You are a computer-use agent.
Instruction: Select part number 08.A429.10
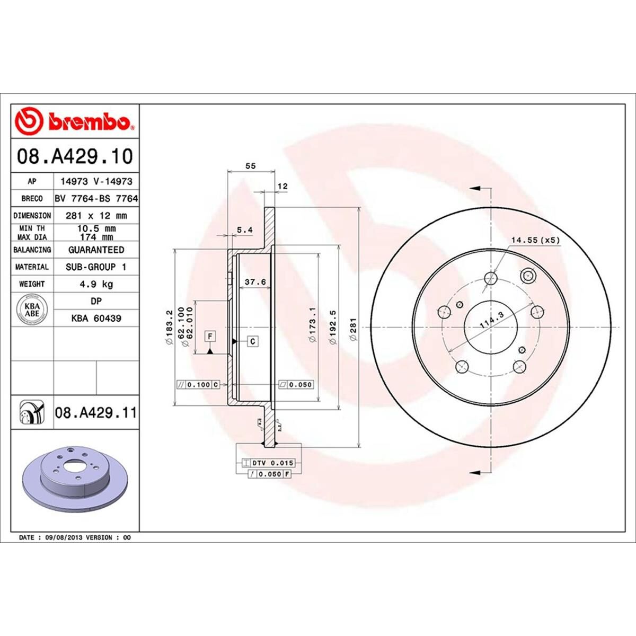click(x=75, y=156)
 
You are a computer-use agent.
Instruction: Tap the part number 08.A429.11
click(x=95, y=412)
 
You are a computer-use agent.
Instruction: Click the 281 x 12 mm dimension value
click(x=96, y=216)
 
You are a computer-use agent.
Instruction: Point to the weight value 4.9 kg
click(x=96, y=284)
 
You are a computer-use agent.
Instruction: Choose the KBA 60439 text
click(x=96, y=319)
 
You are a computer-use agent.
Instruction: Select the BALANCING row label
click(x=32, y=250)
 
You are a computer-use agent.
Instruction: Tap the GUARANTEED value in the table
click(x=96, y=250)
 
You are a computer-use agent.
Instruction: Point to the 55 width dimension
click(x=251, y=166)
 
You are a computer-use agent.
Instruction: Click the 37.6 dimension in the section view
click(x=255, y=282)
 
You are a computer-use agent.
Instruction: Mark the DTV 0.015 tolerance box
click(x=272, y=463)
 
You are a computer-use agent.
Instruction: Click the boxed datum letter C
click(x=253, y=341)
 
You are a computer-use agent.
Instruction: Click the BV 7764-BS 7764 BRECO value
click(x=96, y=198)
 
